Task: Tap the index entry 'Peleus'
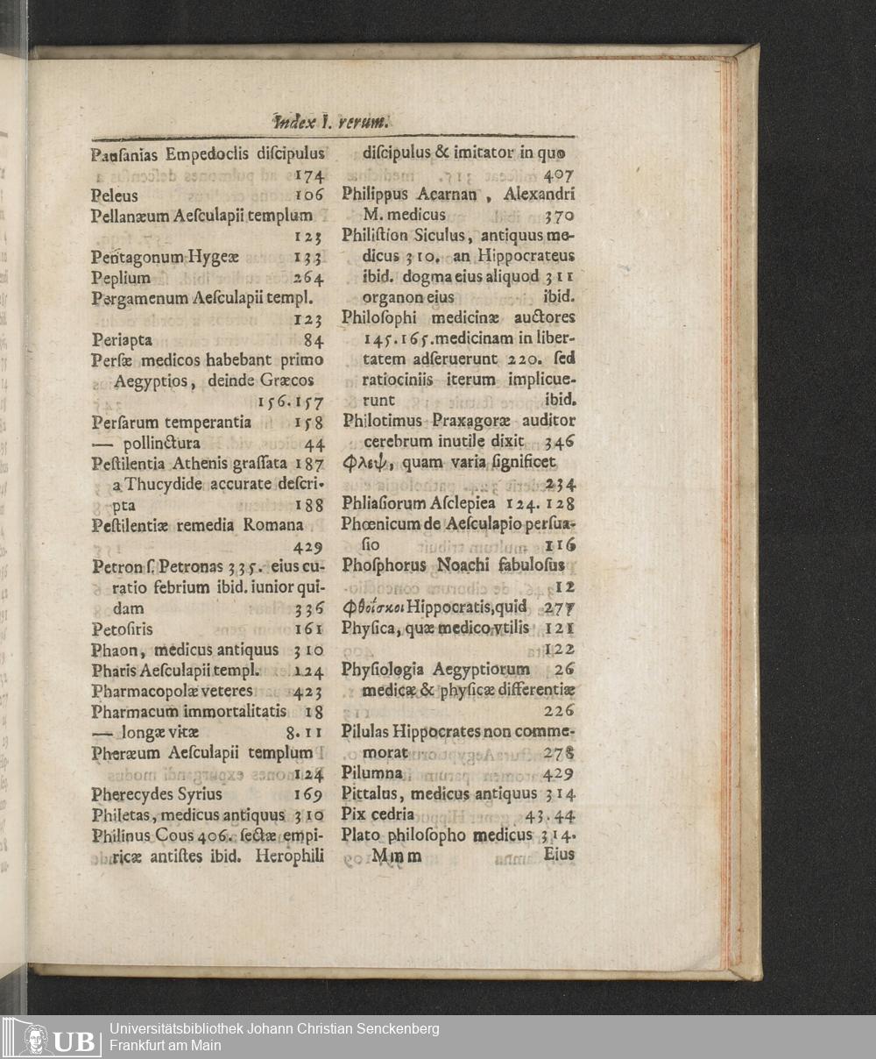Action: (114, 195)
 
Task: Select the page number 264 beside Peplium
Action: (308, 278)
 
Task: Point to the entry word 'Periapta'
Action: (122, 340)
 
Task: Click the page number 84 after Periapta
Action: (314, 340)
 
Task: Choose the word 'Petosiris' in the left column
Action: (122, 629)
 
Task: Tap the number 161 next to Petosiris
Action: (309, 629)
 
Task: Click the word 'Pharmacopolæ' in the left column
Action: (140, 691)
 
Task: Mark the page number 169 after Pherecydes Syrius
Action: (308, 795)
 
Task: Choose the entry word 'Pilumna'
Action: (371, 773)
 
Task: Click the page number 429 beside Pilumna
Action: (558, 773)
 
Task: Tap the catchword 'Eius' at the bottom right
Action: (559, 854)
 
